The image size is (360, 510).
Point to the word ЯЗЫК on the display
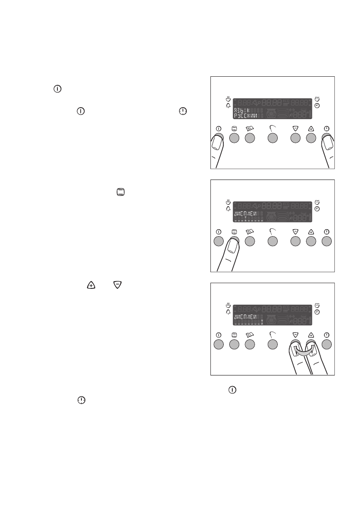[x=240, y=111]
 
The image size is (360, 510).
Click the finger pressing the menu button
[x=231, y=253]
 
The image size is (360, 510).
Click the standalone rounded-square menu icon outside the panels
[x=120, y=193]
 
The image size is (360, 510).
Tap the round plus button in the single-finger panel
[x=311, y=241]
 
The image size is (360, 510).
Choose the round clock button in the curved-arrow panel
[x=327, y=344]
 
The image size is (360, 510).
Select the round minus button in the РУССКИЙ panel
[x=295, y=138]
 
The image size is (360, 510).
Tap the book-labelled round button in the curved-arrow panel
[x=250, y=344]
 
